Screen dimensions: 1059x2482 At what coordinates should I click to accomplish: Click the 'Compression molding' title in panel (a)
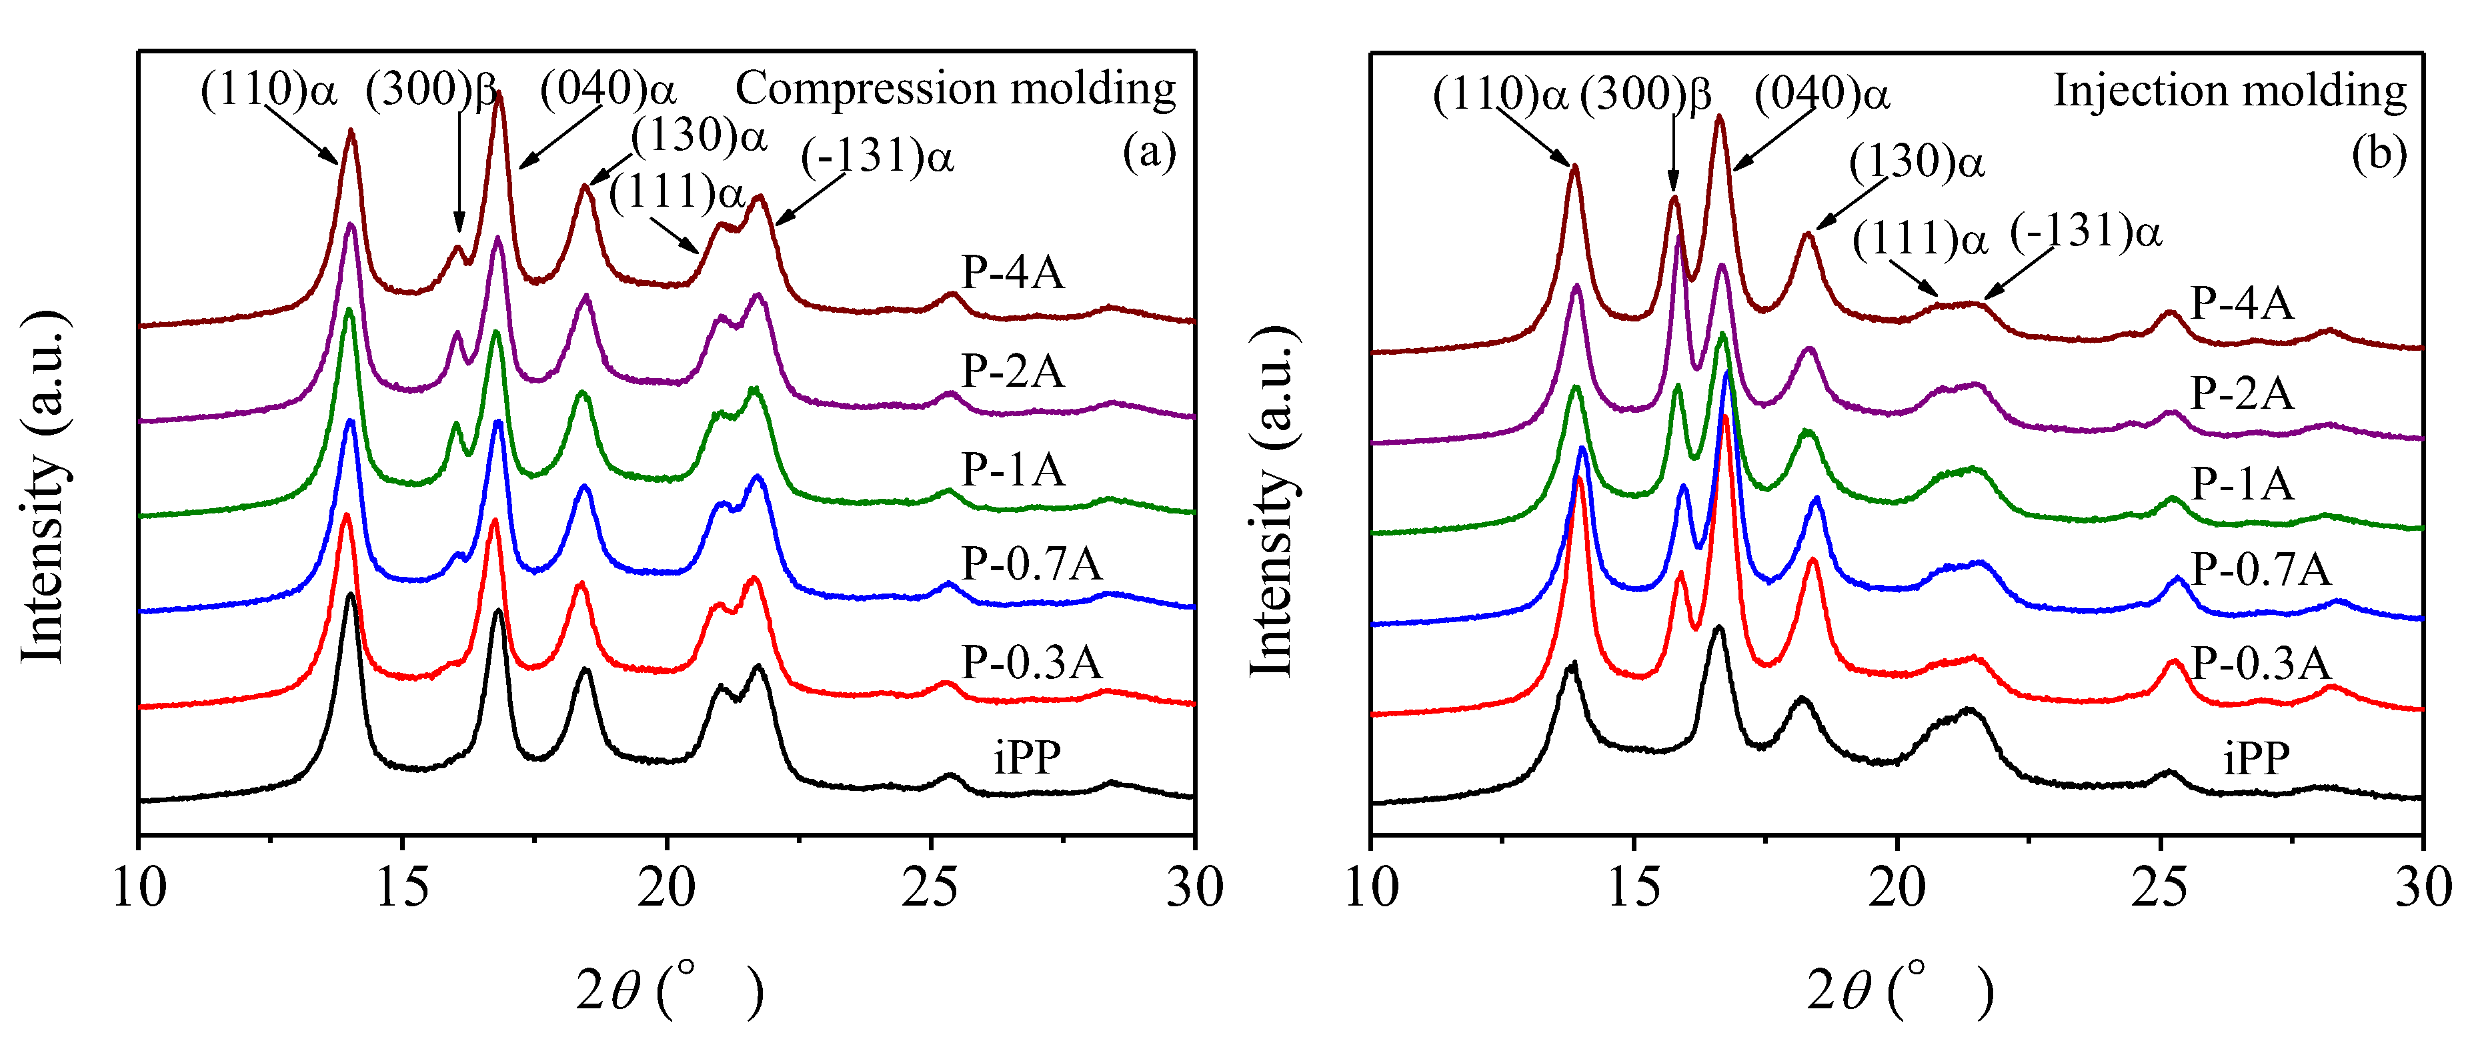(x=955, y=89)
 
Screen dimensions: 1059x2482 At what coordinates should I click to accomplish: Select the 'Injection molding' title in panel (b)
(x=2229, y=91)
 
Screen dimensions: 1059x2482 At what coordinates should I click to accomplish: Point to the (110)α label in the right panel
(x=1500, y=95)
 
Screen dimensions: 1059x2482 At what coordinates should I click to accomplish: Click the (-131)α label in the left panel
(x=877, y=156)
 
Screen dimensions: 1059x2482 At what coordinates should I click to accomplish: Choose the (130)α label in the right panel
(x=1917, y=162)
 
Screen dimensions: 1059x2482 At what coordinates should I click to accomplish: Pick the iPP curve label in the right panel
(x=2255, y=758)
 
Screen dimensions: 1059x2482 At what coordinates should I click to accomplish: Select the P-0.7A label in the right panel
(x=2261, y=570)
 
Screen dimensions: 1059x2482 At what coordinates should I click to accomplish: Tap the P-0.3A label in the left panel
(x=1031, y=663)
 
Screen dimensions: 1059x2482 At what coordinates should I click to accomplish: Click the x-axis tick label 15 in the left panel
(x=402, y=888)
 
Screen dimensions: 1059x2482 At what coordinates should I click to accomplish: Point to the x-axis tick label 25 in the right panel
(x=2159, y=888)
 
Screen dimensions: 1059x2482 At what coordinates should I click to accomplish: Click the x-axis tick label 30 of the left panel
(x=1194, y=888)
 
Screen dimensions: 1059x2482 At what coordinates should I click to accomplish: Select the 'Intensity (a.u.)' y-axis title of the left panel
(x=44, y=487)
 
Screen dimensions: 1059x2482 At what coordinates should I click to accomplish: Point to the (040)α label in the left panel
(x=607, y=89)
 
